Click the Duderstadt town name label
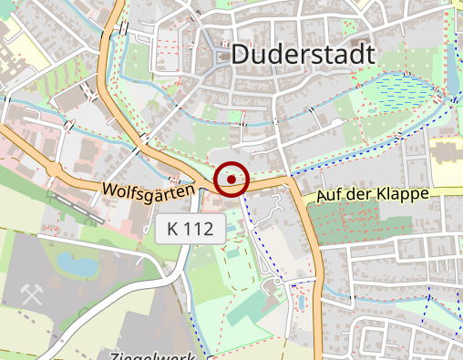[x=303, y=54]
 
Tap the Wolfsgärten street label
[x=149, y=192]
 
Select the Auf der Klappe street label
[x=372, y=195]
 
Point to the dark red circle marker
[x=231, y=179]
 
